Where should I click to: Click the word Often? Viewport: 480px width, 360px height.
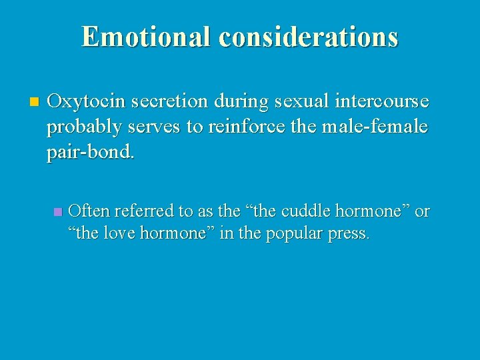click(x=89, y=212)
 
